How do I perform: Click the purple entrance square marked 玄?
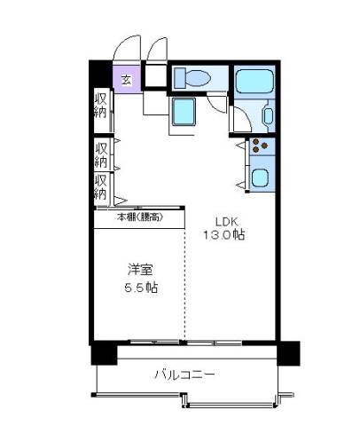pos(128,79)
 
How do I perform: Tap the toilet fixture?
pos(192,78)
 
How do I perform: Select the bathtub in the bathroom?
pos(254,81)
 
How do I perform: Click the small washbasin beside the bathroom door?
pos(269,116)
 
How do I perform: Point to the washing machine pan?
pos(184,112)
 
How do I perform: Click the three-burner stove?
pos(260,146)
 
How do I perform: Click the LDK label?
pos(226,221)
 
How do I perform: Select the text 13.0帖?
pos(223,235)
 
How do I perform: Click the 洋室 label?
pos(140,270)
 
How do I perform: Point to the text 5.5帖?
pos(141,288)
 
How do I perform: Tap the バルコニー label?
pos(185,375)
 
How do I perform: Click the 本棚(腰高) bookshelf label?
pos(140,217)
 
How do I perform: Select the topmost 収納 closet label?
pos(100,106)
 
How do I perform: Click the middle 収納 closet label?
pos(101,154)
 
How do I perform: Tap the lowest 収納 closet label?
pos(101,187)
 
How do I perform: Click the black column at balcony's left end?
pos(104,353)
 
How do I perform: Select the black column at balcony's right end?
pos(288,353)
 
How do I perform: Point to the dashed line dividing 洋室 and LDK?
pos(185,284)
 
